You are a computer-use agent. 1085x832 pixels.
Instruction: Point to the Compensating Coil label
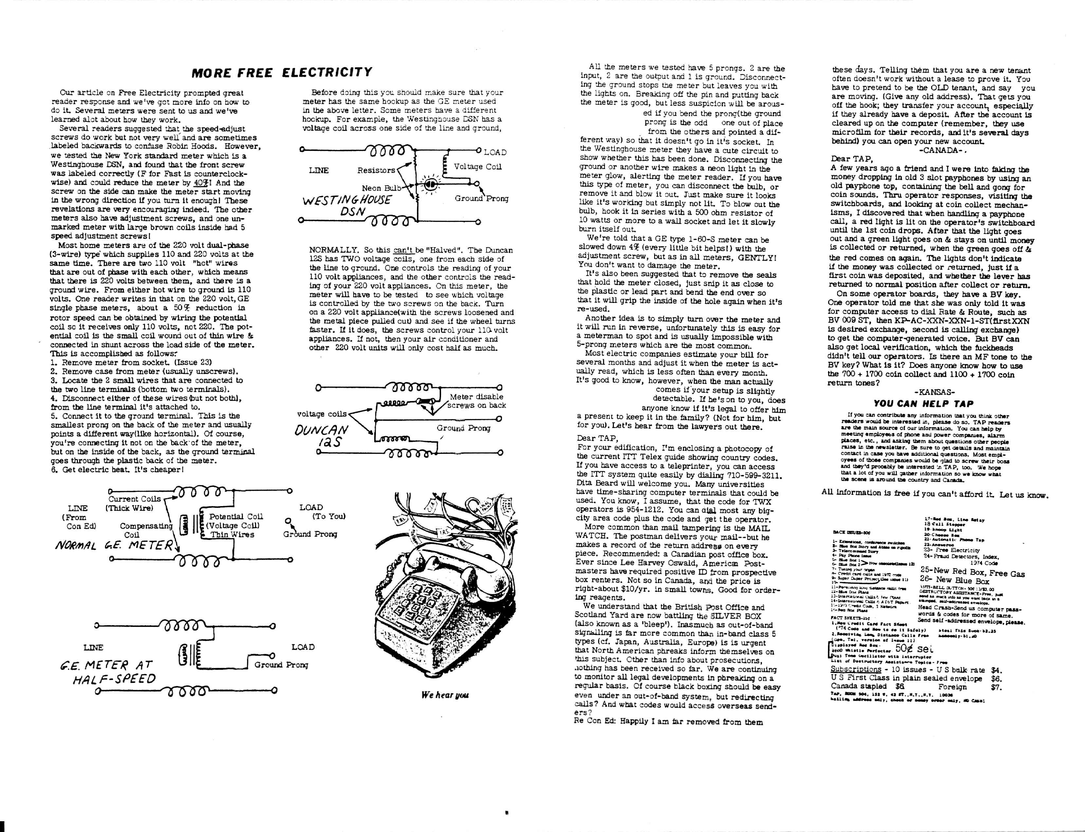(x=146, y=530)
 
